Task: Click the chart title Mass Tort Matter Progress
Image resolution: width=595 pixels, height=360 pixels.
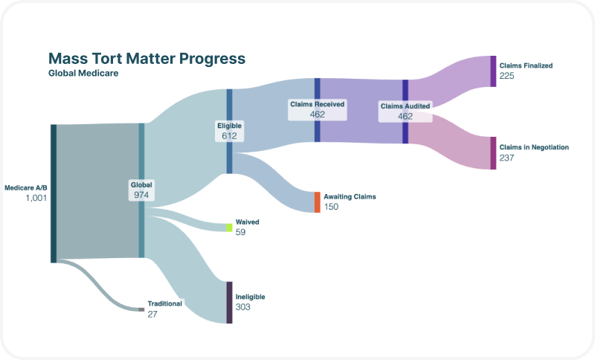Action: [147, 59]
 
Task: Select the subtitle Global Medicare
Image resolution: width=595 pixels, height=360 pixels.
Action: [83, 73]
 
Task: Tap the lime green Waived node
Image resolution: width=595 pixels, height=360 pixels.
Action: [229, 228]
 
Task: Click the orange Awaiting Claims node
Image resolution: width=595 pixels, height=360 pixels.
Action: [318, 202]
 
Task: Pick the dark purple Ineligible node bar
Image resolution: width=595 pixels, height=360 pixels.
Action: [229, 302]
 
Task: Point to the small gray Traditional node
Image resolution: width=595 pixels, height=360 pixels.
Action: [141, 309]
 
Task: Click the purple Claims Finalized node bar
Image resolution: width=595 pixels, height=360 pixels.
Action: [493, 71]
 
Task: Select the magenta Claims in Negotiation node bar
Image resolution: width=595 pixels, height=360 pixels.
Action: [493, 153]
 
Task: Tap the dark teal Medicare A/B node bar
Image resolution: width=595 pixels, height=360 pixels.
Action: [54, 193]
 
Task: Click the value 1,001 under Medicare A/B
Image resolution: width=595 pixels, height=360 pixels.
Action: [36, 198]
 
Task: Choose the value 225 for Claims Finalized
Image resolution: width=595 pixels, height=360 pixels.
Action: [506, 76]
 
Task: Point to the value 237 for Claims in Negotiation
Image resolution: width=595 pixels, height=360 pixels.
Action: [506, 158]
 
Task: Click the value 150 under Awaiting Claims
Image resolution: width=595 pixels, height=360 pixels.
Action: [331, 207]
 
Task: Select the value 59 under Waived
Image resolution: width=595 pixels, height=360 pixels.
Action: [240, 232]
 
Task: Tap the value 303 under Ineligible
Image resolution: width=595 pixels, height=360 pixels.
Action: [243, 307]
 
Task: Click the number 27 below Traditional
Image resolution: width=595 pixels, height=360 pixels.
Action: [152, 314]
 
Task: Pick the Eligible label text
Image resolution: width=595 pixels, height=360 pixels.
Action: [229, 126]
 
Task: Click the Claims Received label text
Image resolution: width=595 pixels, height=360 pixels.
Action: [318, 104]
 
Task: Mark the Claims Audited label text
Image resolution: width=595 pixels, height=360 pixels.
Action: [405, 106]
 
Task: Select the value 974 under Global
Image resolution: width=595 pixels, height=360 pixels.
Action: [141, 195]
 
